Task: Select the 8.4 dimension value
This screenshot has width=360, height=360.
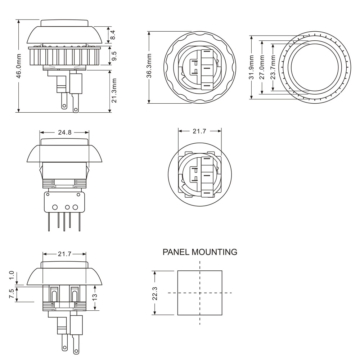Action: coord(113,35)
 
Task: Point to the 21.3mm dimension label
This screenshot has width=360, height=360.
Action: coord(114,91)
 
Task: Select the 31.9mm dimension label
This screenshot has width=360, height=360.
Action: coord(252,67)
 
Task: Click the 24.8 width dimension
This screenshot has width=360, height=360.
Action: coord(64,132)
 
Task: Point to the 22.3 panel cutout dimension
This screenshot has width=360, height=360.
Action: coord(155,293)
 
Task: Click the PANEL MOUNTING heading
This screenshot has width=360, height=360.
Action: coord(200,252)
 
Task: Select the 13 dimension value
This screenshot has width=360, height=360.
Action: coord(95,297)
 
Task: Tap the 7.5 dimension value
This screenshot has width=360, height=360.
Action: coord(12,294)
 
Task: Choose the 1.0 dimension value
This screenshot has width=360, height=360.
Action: coord(12,276)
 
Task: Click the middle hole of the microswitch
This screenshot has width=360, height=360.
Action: coord(67,207)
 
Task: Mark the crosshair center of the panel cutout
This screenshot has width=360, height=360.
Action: coord(200,293)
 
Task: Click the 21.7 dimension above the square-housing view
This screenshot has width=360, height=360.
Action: coord(199,131)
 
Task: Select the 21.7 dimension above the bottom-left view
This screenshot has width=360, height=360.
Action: coord(64,254)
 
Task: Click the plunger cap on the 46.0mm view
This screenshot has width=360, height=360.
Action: coord(64,23)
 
